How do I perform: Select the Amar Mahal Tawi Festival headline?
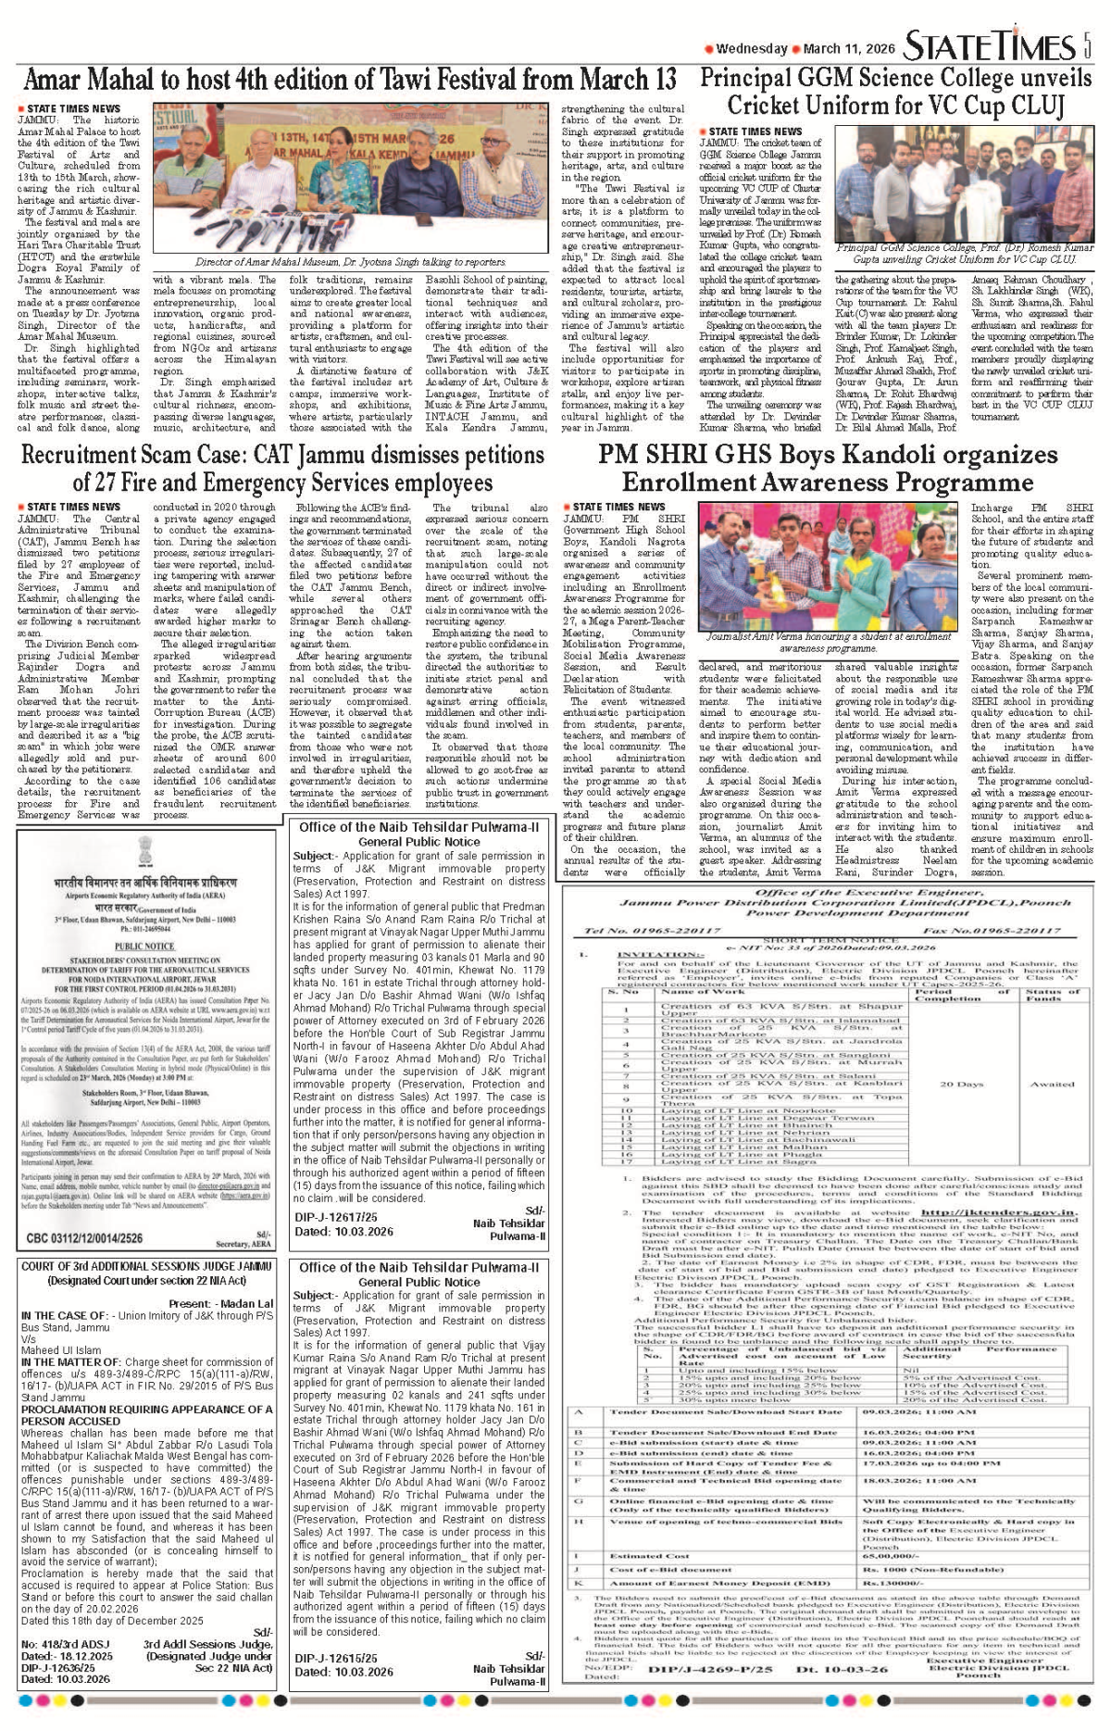point(350,80)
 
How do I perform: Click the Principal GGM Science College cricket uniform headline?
point(895,91)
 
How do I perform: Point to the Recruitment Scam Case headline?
point(281,469)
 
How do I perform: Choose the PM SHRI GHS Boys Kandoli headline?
point(827,469)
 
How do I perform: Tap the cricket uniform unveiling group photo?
point(964,182)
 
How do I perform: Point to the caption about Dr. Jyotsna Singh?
point(350,262)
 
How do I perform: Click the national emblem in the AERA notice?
point(144,852)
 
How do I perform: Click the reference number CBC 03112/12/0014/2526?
point(84,1237)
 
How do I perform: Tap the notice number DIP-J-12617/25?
point(336,1217)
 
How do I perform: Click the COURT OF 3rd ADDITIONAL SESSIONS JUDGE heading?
point(146,1266)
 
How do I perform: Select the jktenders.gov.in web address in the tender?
point(999,1211)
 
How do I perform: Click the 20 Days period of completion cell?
point(961,1084)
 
